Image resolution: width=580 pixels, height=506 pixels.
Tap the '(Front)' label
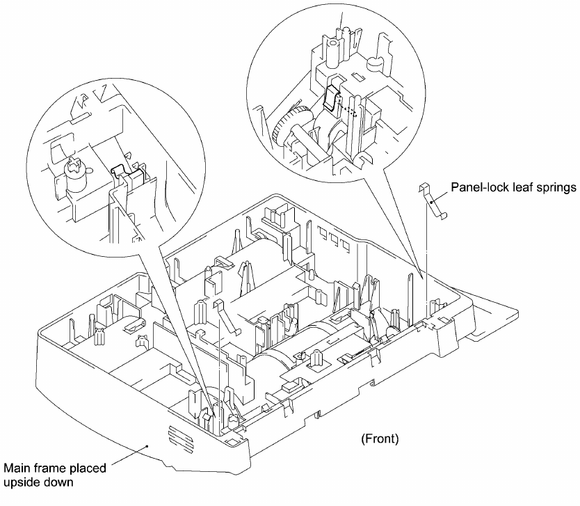pyautogui.click(x=379, y=438)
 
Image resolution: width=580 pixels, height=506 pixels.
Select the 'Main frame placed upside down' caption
pyautogui.click(x=56, y=475)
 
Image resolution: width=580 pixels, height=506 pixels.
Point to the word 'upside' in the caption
pyautogui.click(x=24, y=482)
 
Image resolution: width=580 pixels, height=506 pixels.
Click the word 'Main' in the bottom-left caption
pyautogui.click(x=19, y=468)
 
